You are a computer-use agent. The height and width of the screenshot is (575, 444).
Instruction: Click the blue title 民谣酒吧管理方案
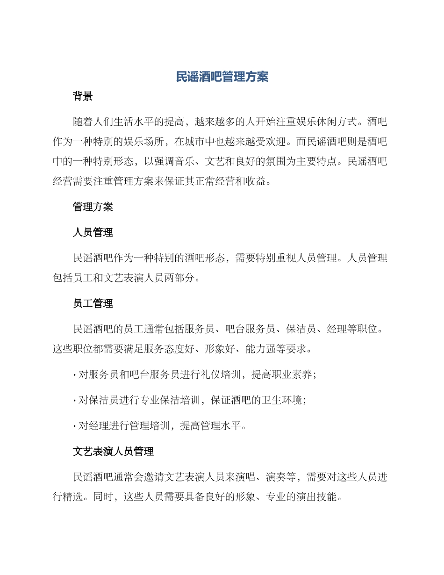tap(222, 77)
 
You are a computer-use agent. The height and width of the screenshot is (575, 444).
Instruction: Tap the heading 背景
tap(83, 96)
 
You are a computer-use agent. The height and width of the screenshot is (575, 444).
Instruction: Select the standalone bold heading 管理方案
tap(93, 207)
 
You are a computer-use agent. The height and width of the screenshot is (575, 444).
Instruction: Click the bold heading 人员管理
tap(93, 232)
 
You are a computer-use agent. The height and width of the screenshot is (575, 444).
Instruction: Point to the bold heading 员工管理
tap(93, 304)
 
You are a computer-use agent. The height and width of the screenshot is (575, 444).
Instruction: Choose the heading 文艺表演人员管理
tap(113, 452)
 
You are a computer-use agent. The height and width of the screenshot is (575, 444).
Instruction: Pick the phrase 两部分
tap(184, 278)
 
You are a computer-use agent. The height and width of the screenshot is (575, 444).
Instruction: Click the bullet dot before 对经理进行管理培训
tap(75, 426)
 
